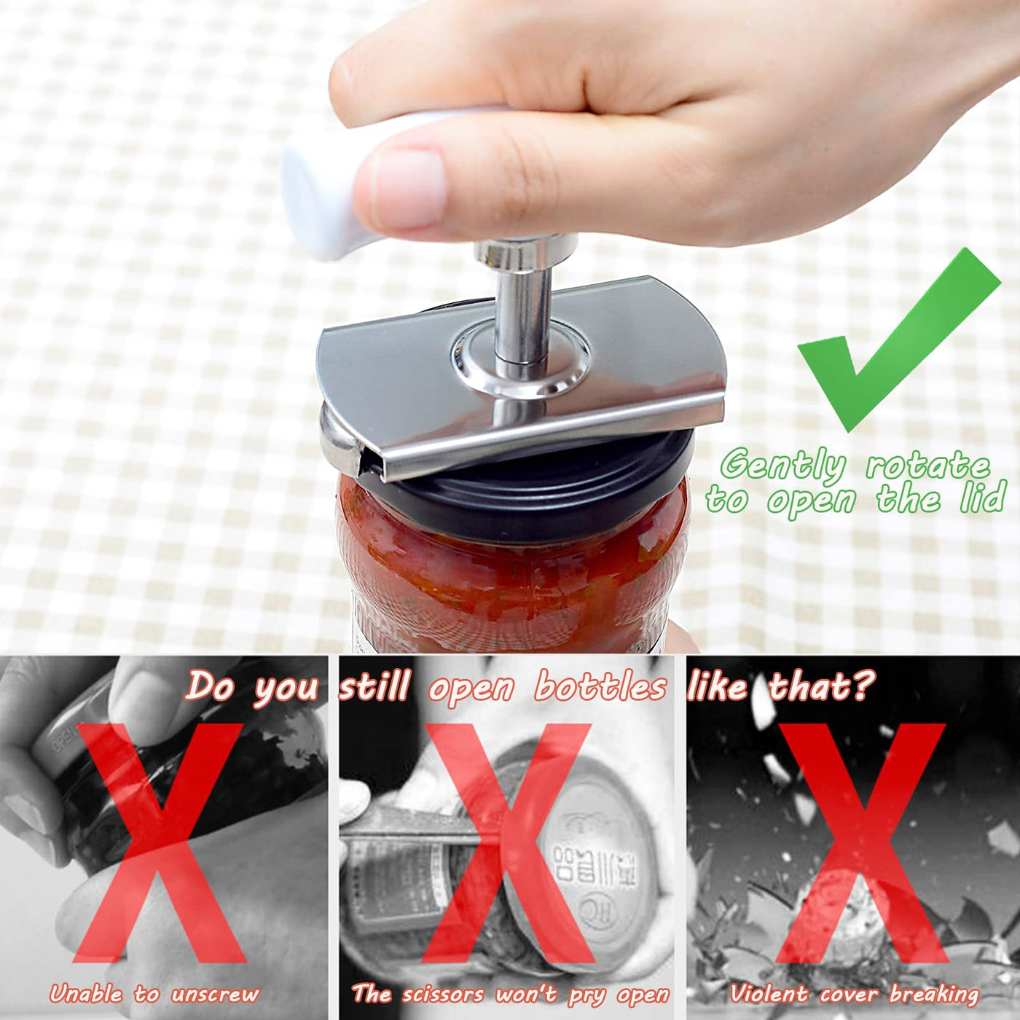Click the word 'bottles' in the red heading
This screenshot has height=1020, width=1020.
pyautogui.click(x=600, y=687)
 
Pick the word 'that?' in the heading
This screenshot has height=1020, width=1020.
pyautogui.click(x=821, y=686)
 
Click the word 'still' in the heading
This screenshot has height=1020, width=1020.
pyautogui.click(x=374, y=686)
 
